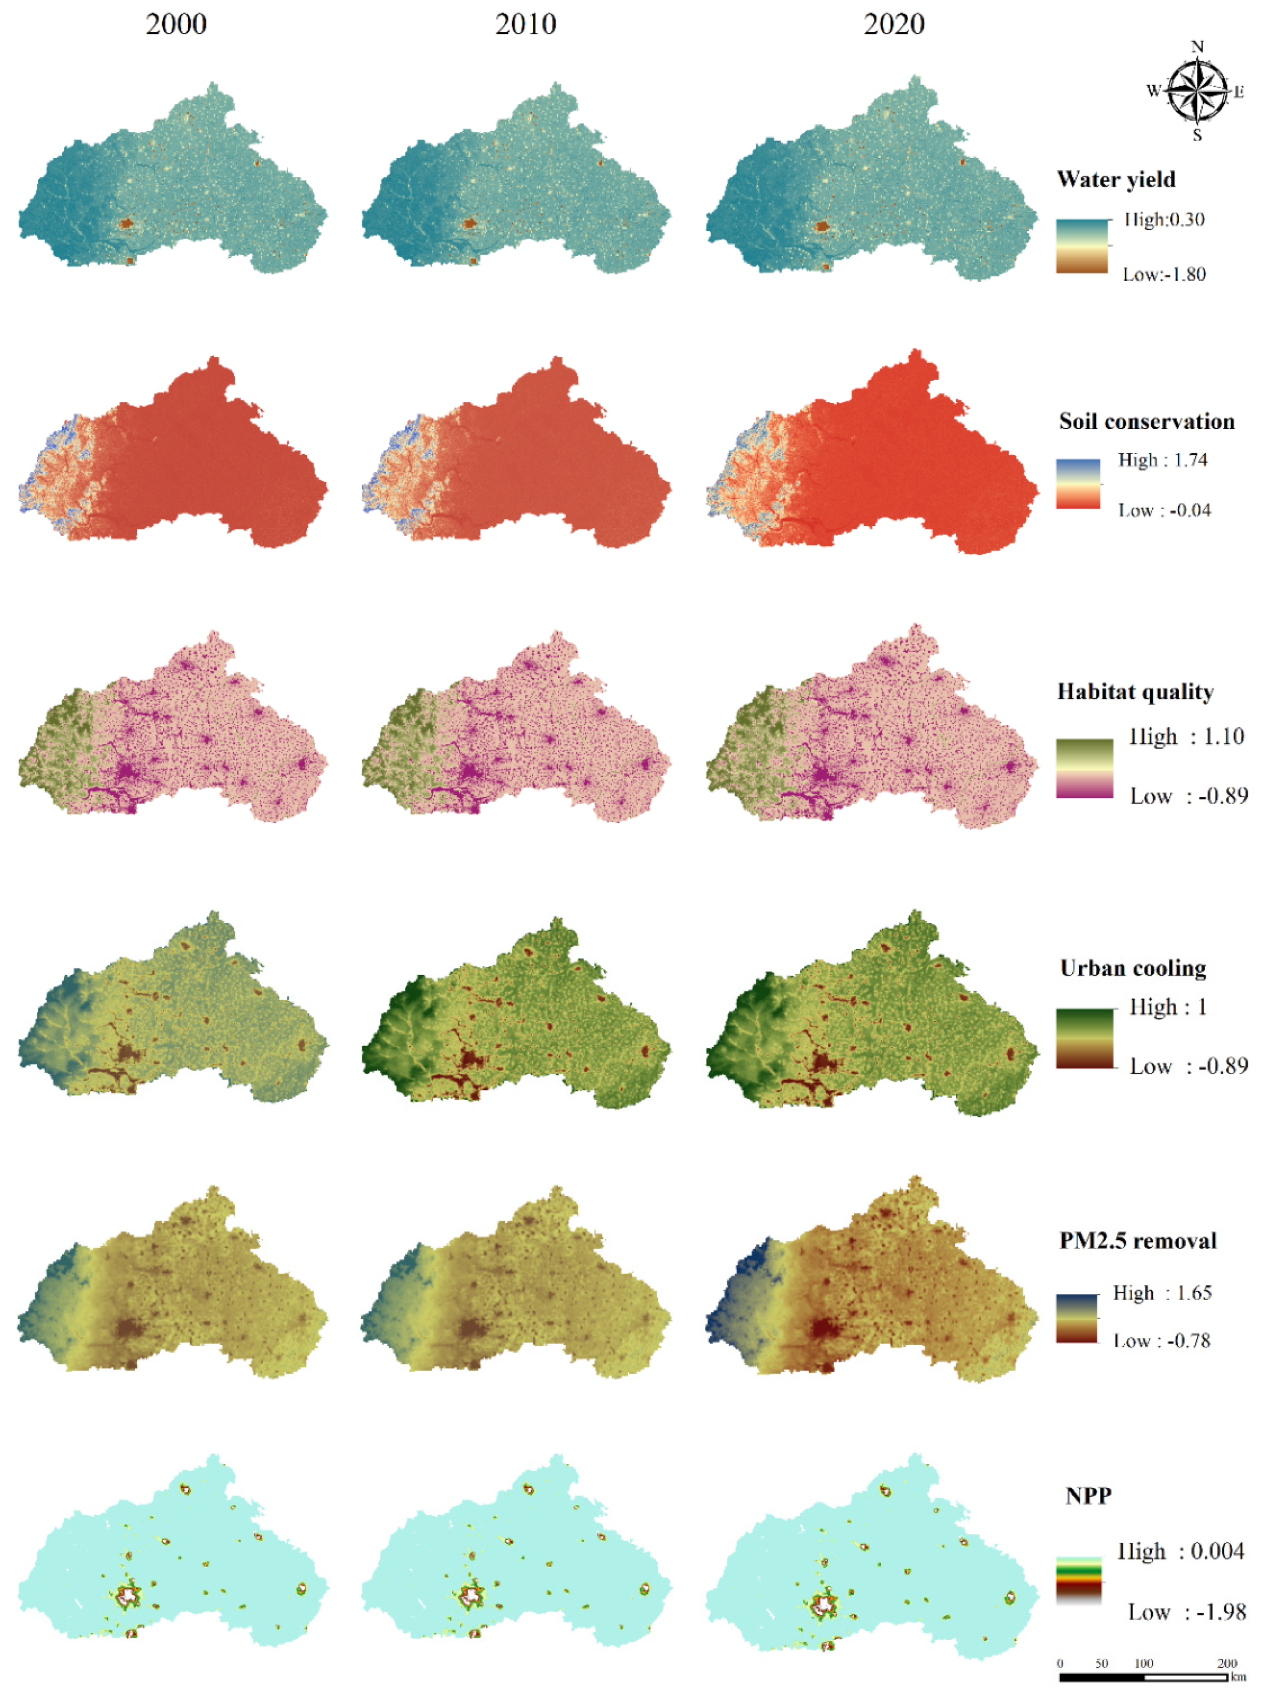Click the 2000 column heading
coord(176,24)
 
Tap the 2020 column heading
coord(894,24)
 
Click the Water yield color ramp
coord(1082,246)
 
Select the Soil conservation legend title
coord(1146,421)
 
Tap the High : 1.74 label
coord(1162,460)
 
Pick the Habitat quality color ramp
coord(1084,768)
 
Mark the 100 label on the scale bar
coord(1143,1664)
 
